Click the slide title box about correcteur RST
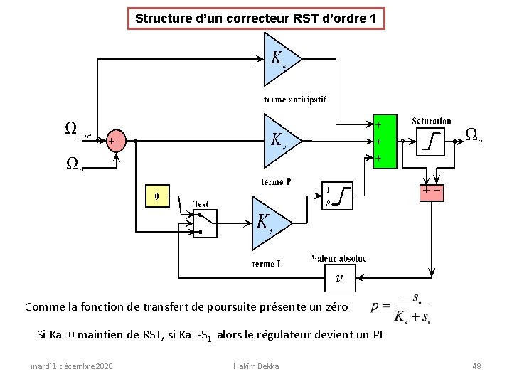pos(255,18)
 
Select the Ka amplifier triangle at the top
pos(279,58)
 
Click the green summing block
pos(384,142)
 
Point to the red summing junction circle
pos(114,141)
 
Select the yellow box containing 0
pos(157,195)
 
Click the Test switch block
pos(205,224)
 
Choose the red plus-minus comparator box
pos(432,191)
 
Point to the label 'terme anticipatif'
pos(294,100)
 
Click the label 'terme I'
pos(266,264)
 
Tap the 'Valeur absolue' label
pos(338,258)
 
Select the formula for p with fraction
pos(401,308)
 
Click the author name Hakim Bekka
pos(256,366)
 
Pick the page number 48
pos(476,366)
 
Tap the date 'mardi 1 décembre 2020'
pos(71,366)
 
